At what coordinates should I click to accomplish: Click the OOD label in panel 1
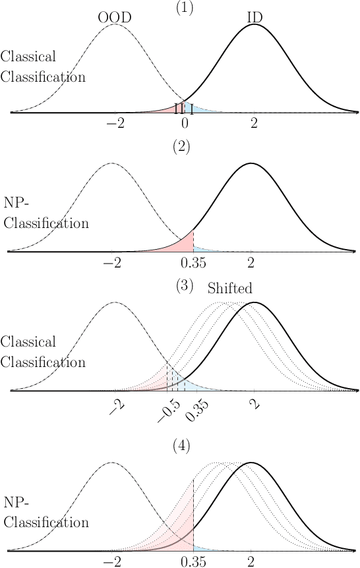[115, 18]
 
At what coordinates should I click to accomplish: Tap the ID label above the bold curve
[255, 18]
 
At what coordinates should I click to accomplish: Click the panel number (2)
[181, 147]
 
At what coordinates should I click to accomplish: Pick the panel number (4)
[181, 446]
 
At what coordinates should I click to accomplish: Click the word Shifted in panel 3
[230, 289]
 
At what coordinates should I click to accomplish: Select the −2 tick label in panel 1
[116, 123]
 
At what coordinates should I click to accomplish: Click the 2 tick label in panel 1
[255, 123]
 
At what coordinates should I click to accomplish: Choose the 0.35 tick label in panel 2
[193, 262]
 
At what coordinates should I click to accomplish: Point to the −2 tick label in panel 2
[113, 262]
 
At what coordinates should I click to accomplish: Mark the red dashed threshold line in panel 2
[193, 241]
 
